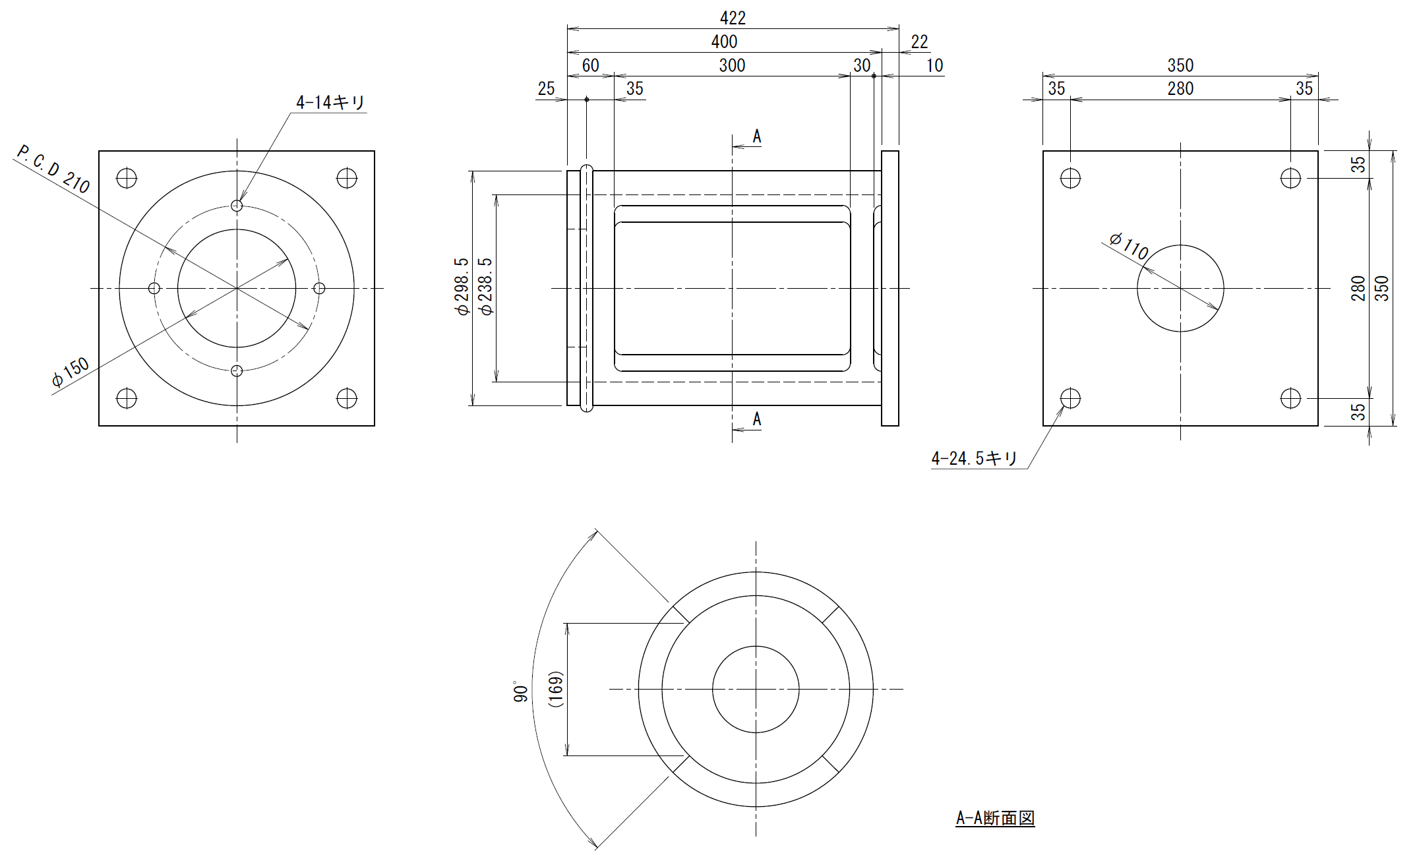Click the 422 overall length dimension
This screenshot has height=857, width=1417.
pyautogui.click(x=733, y=18)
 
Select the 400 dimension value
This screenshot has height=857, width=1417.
pyautogui.click(x=724, y=42)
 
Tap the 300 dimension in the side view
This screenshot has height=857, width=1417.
pyautogui.click(x=732, y=65)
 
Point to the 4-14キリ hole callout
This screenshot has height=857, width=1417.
pyautogui.click(x=330, y=103)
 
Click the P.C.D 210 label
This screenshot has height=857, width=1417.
pyautogui.click(x=53, y=170)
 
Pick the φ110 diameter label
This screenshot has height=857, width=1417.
pyautogui.click(x=1129, y=246)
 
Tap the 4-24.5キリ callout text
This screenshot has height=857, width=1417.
pyautogui.click(x=975, y=458)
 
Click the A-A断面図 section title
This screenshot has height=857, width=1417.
pyautogui.click(x=995, y=818)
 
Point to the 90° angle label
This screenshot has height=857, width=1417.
pyautogui.click(x=521, y=692)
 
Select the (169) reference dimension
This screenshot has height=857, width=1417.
pyautogui.click(x=555, y=690)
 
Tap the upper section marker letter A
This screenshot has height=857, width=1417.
pyautogui.click(x=757, y=136)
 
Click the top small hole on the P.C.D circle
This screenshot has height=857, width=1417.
pyautogui.click(x=237, y=206)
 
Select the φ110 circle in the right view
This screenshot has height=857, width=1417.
pyautogui.click(x=1180, y=245)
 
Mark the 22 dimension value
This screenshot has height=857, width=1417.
pyautogui.click(x=919, y=42)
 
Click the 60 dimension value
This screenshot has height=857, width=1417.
pyautogui.click(x=590, y=65)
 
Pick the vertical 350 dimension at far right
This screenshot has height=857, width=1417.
pyautogui.click(x=1382, y=289)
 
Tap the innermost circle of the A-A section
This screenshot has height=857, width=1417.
pyautogui.click(x=756, y=646)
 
